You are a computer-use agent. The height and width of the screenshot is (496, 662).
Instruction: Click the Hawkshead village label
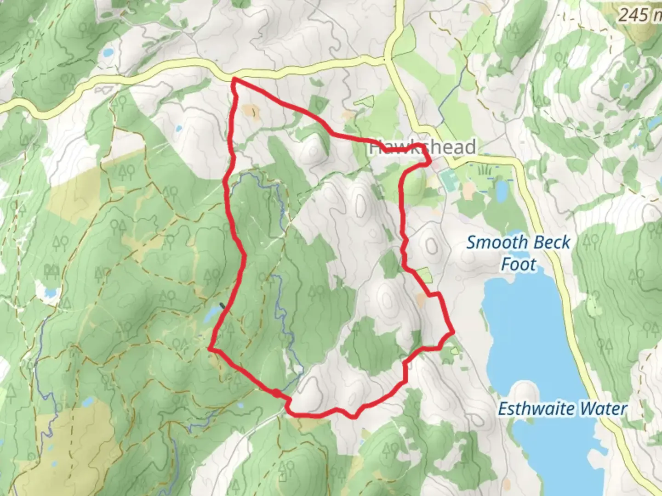point(422,147)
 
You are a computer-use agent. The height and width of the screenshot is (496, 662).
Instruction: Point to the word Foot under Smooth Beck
point(519,265)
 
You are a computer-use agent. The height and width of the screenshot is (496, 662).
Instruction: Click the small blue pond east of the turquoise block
point(501,188)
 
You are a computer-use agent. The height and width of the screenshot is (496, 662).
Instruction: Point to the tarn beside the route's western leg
point(212,315)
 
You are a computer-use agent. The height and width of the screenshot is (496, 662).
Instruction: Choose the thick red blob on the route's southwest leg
point(276,393)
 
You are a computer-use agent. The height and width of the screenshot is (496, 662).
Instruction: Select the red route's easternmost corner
point(453,331)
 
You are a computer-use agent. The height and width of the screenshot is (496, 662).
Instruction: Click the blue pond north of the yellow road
point(108,53)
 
